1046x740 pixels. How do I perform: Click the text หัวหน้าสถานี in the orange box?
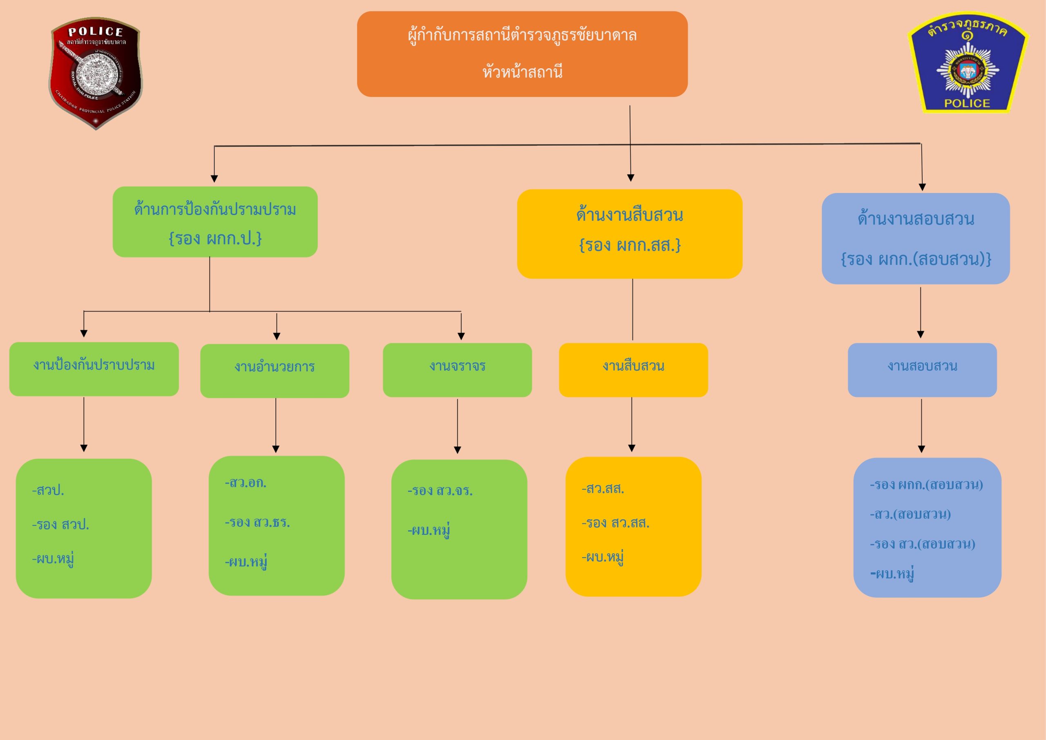pyautogui.click(x=522, y=72)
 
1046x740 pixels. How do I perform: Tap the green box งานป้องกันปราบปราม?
pyautogui.click(x=94, y=368)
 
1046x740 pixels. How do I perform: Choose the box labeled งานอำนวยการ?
pyautogui.click(x=275, y=370)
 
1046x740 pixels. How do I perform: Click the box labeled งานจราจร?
pyautogui.click(x=457, y=369)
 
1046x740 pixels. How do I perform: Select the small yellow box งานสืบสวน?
pyautogui.click(x=633, y=369)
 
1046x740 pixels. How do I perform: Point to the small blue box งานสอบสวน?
pyautogui.click(x=922, y=369)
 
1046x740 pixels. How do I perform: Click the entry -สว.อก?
pyautogui.click(x=246, y=482)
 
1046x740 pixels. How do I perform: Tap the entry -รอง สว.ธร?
pyautogui.click(x=257, y=522)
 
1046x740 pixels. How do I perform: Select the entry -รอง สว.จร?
pyautogui.click(x=440, y=491)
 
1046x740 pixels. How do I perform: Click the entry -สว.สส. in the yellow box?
pyautogui.click(x=603, y=489)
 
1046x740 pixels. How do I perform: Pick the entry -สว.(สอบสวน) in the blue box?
pyautogui.click(x=910, y=514)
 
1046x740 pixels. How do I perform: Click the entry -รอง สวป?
pyautogui.click(x=60, y=525)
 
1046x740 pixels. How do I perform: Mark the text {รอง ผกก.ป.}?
pyautogui.click(x=215, y=238)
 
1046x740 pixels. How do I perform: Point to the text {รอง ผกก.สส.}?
pyautogui.click(x=630, y=245)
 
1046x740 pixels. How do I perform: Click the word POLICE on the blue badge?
pyautogui.click(x=967, y=103)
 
